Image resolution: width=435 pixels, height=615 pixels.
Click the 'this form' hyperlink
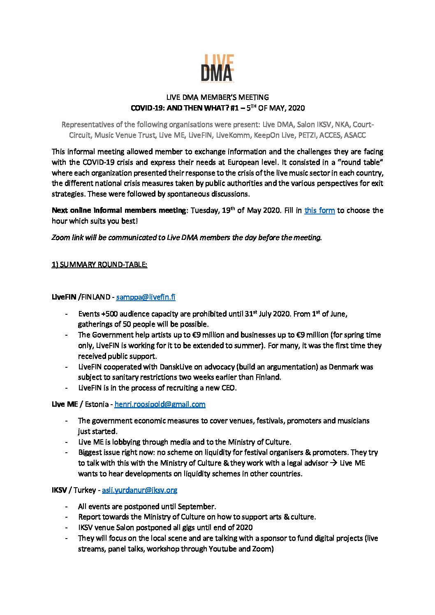pos(319,210)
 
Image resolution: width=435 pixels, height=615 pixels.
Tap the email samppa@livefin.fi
pos(146,297)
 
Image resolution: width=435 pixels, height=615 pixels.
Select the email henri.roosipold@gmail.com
pos(160,404)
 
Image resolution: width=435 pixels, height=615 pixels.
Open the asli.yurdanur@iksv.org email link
pos(139,490)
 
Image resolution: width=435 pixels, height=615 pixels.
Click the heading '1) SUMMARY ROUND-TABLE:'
pos(99,265)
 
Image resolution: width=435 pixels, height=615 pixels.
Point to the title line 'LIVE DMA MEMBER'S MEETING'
pos(217,97)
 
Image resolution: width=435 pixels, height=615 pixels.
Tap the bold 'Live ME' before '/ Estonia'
pos(65,404)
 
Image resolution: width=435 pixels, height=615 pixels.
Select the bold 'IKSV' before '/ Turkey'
pos(59,490)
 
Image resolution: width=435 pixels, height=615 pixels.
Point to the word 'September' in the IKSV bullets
pos(197,507)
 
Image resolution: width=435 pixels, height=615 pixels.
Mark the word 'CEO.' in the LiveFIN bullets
pos(228,388)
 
